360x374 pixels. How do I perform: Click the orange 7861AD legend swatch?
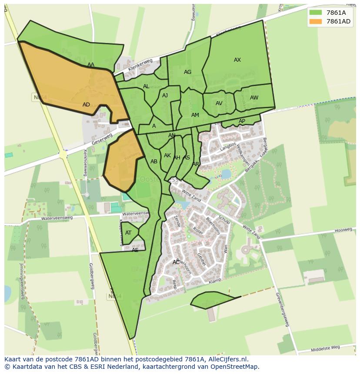[316, 22]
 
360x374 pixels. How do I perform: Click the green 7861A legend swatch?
[316, 13]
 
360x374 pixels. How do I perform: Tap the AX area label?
[237, 60]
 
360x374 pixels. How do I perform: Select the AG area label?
[187, 72]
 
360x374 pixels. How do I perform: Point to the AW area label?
[254, 98]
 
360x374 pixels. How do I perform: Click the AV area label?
[219, 103]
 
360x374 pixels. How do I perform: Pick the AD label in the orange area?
[86, 105]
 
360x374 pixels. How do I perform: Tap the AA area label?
[91, 65]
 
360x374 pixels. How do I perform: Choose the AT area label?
[128, 233]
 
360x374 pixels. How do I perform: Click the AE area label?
[135, 250]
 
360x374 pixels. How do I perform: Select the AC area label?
[176, 262]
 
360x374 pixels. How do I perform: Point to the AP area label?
[242, 121]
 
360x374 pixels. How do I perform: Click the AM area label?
[195, 115]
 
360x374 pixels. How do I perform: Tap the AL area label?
[146, 86]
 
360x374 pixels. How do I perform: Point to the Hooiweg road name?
[343, 231]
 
